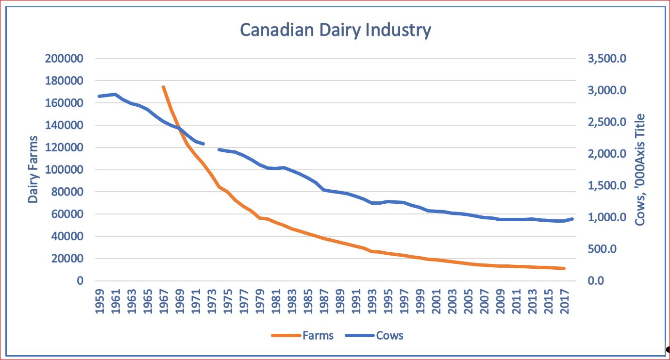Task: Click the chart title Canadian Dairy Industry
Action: pyautogui.click(x=335, y=30)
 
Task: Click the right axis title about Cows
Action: pyautogui.click(x=640, y=169)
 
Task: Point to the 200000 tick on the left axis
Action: pyautogui.click(x=64, y=59)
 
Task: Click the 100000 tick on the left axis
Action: pyautogui.click(x=64, y=170)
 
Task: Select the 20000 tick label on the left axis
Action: pyautogui.click(x=67, y=259)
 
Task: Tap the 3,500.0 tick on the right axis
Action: pyautogui.click(x=607, y=59)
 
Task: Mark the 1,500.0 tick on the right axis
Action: pyautogui.click(x=607, y=186)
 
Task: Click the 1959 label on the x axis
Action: pyautogui.click(x=100, y=301)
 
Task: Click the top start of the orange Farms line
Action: pyautogui.click(x=163, y=87)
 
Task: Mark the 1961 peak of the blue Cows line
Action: pyautogui.click(x=116, y=94)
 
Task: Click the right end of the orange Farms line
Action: pyautogui.click(x=564, y=268)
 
